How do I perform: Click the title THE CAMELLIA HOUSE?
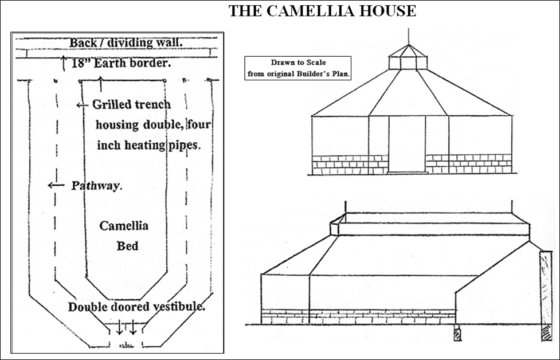(322, 11)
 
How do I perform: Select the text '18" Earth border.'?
(122, 63)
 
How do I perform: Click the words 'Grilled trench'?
(131, 104)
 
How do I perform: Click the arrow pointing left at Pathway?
(55, 185)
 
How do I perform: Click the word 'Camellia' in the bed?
(124, 226)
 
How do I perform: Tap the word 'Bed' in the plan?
(127, 246)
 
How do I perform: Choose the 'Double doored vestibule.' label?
(136, 307)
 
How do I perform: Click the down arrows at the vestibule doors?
(127, 327)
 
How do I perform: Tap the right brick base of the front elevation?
(468, 163)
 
